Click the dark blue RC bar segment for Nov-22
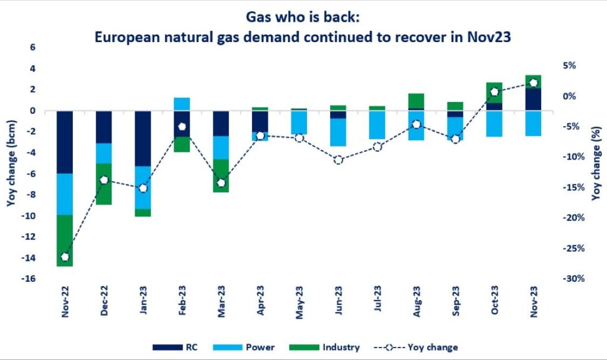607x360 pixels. pyautogui.click(x=65, y=142)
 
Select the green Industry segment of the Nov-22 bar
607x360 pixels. pyautogui.click(x=65, y=240)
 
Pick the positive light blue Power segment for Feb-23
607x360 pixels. pyautogui.click(x=182, y=104)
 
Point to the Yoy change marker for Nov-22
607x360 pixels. pyautogui.click(x=65, y=257)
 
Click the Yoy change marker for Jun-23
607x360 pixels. pyautogui.click(x=338, y=160)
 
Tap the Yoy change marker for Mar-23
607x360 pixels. pyautogui.click(x=221, y=183)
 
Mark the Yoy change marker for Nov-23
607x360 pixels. pyautogui.click(x=533, y=83)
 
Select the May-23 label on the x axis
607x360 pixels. pyautogui.click(x=299, y=302)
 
